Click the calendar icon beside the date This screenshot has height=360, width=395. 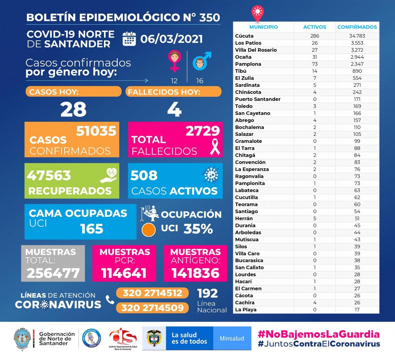(x=129, y=39)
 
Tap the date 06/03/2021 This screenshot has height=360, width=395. (x=172, y=39)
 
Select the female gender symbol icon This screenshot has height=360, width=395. (x=174, y=60)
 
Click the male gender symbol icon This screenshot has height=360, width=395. (x=201, y=61)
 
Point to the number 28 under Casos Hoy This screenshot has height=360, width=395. (x=73, y=109)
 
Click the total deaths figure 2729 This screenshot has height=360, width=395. (x=203, y=131)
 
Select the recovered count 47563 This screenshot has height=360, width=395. (x=49, y=175)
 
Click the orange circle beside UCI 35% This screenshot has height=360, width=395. (x=149, y=230)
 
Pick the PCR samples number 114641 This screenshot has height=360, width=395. (x=124, y=273)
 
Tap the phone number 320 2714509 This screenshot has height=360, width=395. (x=153, y=308)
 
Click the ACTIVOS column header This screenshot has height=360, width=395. (x=315, y=27)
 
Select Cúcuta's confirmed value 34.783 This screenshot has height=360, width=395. (x=357, y=36)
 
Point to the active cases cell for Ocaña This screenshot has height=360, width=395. (x=315, y=57)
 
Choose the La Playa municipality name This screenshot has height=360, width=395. (x=246, y=310)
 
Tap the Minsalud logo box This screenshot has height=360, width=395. (x=232, y=338)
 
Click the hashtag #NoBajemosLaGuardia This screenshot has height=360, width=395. (x=318, y=334)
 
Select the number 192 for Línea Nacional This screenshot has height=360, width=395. (x=208, y=293)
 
